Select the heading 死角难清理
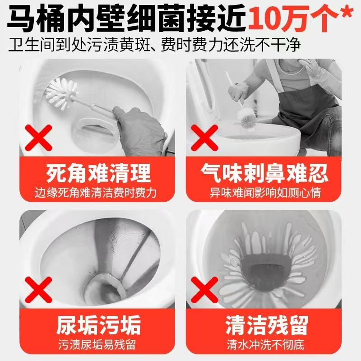click(x=98, y=173)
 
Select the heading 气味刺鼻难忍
click(x=265, y=173)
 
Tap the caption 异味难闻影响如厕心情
click(x=265, y=193)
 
